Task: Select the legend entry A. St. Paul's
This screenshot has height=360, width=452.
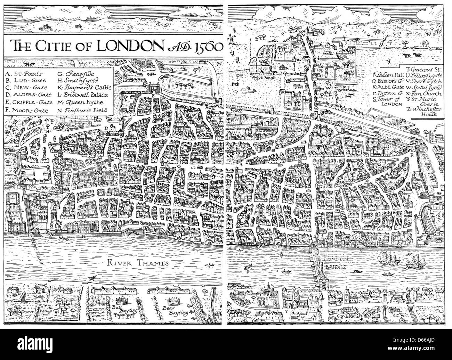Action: (x=24, y=74)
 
